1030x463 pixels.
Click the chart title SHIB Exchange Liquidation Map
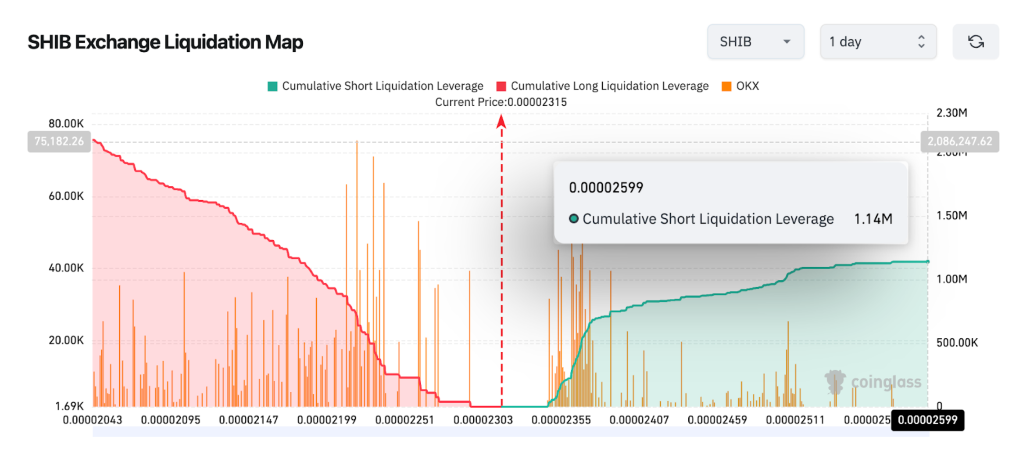tap(165, 42)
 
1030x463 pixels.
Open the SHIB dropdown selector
tap(755, 42)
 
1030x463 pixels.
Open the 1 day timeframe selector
tap(878, 42)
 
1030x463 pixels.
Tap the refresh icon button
tap(976, 42)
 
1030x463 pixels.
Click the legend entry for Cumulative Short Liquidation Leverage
tap(376, 86)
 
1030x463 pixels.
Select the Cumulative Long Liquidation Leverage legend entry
tap(603, 86)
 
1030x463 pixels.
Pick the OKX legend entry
tap(740, 86)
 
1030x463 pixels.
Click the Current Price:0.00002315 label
tap(501, 102)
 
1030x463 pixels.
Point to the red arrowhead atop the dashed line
tap(501, 121)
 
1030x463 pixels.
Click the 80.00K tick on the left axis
tap(66, 123)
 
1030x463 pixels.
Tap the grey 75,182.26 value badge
tap(59, 141)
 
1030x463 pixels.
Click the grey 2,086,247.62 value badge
tap(959, 141)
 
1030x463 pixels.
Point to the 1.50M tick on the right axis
tap(951, 216)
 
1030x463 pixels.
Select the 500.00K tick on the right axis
tap(957, 343)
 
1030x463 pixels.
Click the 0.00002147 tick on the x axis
tap(248, 420)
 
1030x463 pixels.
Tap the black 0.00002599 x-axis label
tap(927, 420)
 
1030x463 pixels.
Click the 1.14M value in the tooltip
tap(873, 219)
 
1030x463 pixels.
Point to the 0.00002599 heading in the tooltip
tap(606, 188)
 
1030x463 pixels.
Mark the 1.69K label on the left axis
tap(69, 406)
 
